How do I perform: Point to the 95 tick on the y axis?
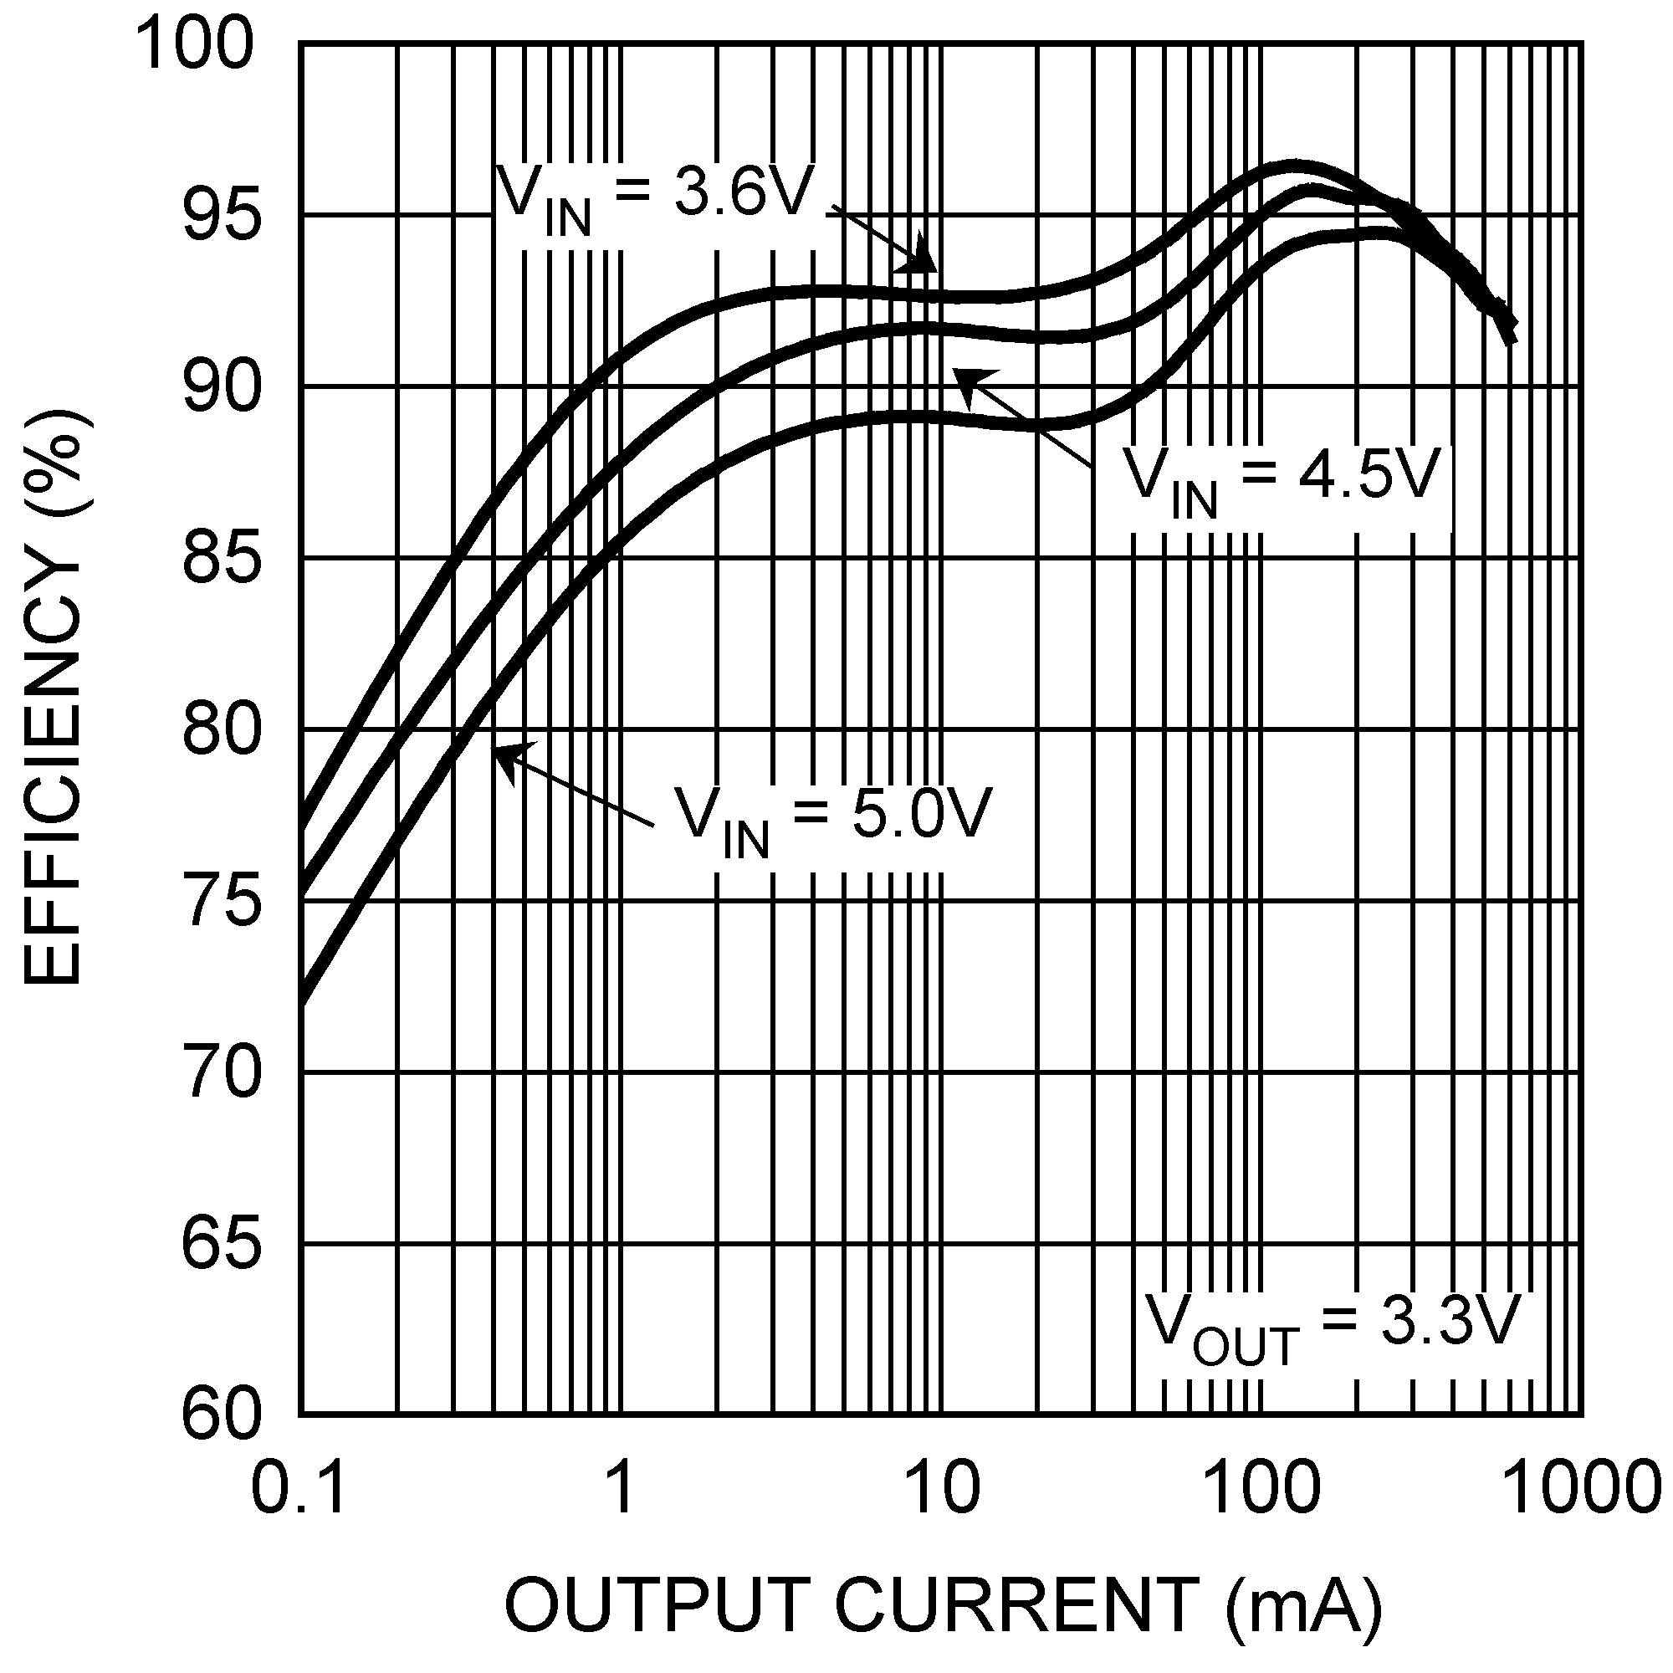coord(222,216)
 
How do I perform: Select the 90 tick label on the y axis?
coord(222,387)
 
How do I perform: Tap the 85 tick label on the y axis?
coord(222,559)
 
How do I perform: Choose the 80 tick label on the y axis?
coord(222,730)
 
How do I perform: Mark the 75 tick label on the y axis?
coord(222,902)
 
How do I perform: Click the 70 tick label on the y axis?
coord(222,1073)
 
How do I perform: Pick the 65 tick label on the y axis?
coord(222,1245)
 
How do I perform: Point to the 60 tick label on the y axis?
coord(222,1415)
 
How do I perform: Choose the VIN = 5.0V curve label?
coord(832,817)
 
